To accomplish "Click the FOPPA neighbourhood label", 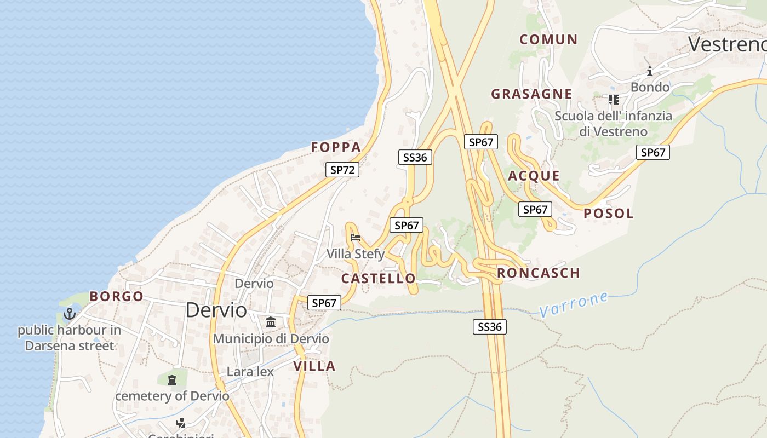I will pyautogui.click(x=336, y=147).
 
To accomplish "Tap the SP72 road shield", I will pyautogui.click(x=342, y=170).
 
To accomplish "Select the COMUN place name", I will pyautogui.click(x=548, y=39).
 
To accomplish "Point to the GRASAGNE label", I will pyautogui.click(x=531, y=94).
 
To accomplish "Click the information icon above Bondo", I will pyautogui.click(x=650, y=71).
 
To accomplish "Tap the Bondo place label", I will pyautogui.click(x=650, y=87).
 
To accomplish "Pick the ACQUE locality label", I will pyautogui.click(x=534, y=176).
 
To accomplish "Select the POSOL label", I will pyautogui.click(x=608, y=214).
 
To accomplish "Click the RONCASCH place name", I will pyautogui.click(x=538, y=273).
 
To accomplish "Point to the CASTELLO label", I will pyautogui.click(x=378, y=279).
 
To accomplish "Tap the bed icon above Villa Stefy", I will pyautogui.click(x=356, y=238).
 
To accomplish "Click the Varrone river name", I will pyautogui.click(x=573, y=305).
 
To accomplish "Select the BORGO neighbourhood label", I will pyautogui.click(x=116, y=297).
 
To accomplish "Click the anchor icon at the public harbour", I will pyautogui.click(x=69, y=314).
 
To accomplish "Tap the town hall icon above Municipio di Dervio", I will pyautogui.click(x=271, y=322).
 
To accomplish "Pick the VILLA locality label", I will pyautogui.click(x=314, y=366).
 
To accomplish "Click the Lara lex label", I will pyautogui.click(x=250, y=372).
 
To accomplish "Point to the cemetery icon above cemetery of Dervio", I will pyautogui.click(x=172, y=379).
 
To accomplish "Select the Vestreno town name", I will pyautogui.click(x=726, y=44).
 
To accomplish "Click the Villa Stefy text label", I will pyautogui.click(x=356, y=254).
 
